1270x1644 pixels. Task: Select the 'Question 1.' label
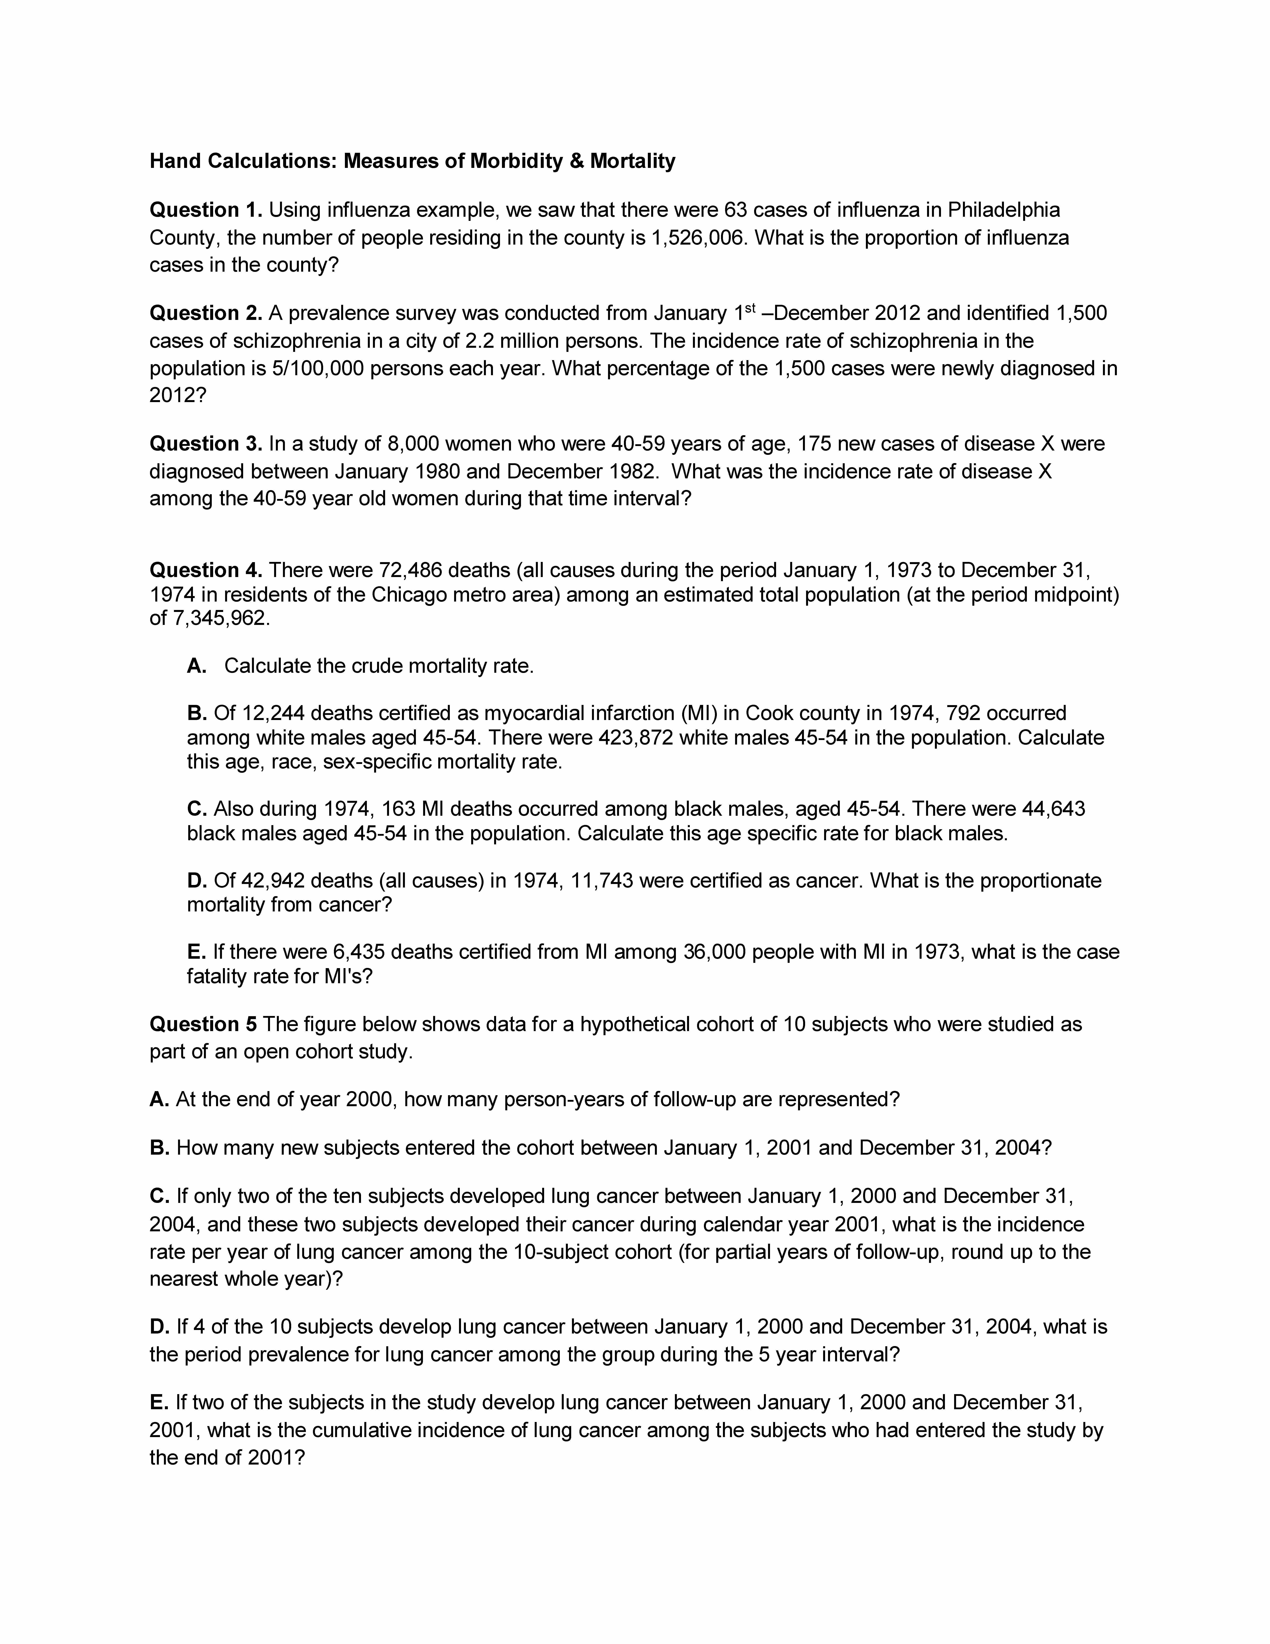click(x=205, y=210)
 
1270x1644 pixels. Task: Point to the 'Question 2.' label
click(x=205, y=313)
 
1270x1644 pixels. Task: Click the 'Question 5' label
click(x=203, y=1024)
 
